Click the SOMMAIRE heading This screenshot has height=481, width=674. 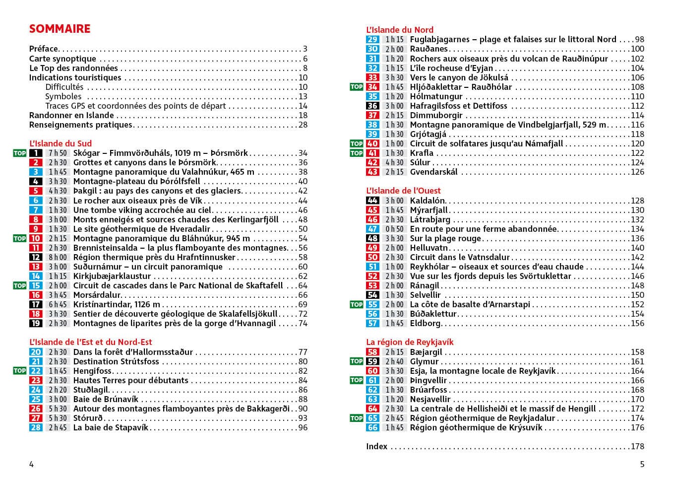(x=60, y=29)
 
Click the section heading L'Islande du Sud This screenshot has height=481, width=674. (x=61, y=143)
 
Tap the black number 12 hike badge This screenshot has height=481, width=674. (x=36, y=257)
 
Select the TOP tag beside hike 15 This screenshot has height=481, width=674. (x=19, y=285)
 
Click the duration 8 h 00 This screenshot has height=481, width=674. (x=58, y=257)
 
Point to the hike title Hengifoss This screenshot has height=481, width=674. (x=92, y=371)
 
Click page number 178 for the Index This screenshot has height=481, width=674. (x=637, y=446)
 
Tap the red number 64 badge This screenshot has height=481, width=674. (x=372, y=409)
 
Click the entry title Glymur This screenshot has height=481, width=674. (x=424, y=361)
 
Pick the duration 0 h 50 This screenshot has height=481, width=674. (x=394, y=229)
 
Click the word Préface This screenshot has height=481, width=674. (x=44, y=49)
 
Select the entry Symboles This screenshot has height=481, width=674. (x=63, y=96)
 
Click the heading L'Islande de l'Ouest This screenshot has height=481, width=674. (x=403, y=191)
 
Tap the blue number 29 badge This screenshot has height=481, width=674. (x=372, y=39)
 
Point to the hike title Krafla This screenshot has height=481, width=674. (x=422, y=153)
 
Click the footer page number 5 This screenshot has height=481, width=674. (x=642, y=465)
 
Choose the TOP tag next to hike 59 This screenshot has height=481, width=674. (x=357, y=361)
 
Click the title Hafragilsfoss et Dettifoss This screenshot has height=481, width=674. (x=458, y=106)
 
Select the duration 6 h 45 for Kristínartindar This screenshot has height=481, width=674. (x=58, y=304)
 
